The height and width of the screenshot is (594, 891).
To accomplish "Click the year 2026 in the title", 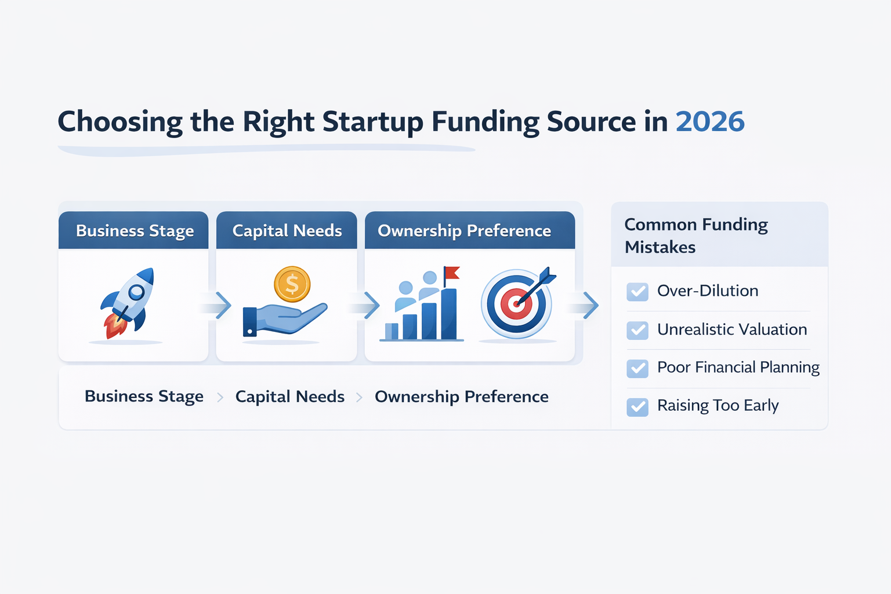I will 709,122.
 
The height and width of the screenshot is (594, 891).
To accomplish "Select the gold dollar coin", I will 292,284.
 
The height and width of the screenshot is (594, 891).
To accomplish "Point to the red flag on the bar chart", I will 452,273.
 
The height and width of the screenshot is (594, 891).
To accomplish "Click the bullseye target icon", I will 516,303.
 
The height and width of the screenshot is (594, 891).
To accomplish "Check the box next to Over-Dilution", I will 638,291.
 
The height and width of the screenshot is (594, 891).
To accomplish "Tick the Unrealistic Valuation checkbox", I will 638,330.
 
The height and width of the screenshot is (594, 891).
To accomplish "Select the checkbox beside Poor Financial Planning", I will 638,368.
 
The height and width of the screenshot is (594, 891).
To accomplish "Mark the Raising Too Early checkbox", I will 638,407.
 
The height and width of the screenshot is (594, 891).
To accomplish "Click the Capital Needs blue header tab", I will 287,231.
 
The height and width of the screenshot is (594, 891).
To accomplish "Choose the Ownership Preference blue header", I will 464,231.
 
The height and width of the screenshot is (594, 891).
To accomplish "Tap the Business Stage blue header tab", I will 135,231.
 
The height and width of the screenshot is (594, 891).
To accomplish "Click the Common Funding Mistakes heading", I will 696,236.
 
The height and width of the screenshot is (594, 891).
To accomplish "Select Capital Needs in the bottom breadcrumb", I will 289,397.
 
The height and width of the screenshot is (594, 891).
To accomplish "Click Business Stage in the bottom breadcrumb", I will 144,396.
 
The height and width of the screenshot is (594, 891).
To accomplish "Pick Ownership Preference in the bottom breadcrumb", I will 461,397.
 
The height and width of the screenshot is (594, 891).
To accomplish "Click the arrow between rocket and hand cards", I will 222,305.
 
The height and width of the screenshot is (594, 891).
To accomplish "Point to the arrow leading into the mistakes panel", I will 590,305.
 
